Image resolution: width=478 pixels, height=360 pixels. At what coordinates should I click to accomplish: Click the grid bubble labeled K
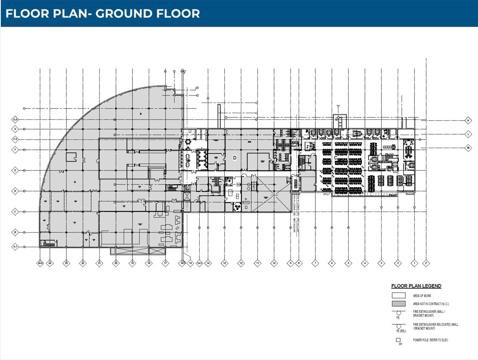pos(467,120)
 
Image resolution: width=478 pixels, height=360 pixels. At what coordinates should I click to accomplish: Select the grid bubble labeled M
pos(467,148)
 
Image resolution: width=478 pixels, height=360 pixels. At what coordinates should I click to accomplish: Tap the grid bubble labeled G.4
pos(15,120)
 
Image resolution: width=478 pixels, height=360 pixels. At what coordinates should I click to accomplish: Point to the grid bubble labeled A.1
pos(15,247)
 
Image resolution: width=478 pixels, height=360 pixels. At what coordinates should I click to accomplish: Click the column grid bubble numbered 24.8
pos(40,263)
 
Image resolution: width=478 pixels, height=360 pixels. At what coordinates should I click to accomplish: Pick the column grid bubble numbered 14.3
pos(200,263)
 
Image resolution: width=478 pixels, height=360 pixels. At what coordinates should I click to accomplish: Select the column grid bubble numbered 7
pos(315,263)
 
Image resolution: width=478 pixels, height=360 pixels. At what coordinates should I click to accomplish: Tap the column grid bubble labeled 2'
pos(426,263)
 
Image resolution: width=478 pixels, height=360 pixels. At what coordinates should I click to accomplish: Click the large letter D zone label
pos(235,158)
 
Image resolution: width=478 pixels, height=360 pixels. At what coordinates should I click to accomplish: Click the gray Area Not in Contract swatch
pos(399,304)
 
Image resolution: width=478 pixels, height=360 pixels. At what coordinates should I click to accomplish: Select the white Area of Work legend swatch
pos(399,296)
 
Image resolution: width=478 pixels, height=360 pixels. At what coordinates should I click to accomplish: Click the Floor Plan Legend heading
pos(416,286)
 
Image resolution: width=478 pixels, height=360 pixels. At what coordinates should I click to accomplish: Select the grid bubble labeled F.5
pos(15,139)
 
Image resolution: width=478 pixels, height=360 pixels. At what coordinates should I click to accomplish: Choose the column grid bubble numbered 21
pos(99,263)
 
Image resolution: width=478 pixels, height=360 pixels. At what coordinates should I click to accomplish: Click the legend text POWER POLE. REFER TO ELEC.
pos(431,340)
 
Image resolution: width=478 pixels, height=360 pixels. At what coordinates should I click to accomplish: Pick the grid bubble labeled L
pos(467,134)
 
